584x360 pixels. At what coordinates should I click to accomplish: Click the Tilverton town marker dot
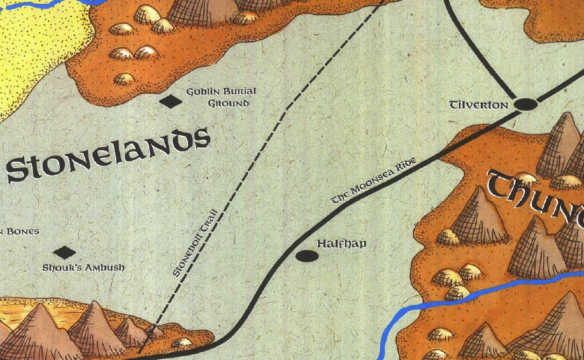[525, 104]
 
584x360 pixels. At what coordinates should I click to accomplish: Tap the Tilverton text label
[478, 104]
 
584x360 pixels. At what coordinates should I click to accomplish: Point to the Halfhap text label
[341, 243]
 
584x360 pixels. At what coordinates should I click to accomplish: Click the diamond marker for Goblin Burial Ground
[170, 101]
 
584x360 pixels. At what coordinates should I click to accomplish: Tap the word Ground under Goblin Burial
[227, 103]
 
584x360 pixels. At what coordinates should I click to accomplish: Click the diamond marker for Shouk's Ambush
[64, 253]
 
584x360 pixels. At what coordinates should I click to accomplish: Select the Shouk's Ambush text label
[83, 268]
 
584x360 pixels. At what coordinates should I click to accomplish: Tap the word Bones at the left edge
[22, 231]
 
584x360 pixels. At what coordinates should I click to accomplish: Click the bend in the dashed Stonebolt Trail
[286, 107]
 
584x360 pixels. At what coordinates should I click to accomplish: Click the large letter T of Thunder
[503, 185]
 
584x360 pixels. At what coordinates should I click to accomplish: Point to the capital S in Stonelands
[18, 169]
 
